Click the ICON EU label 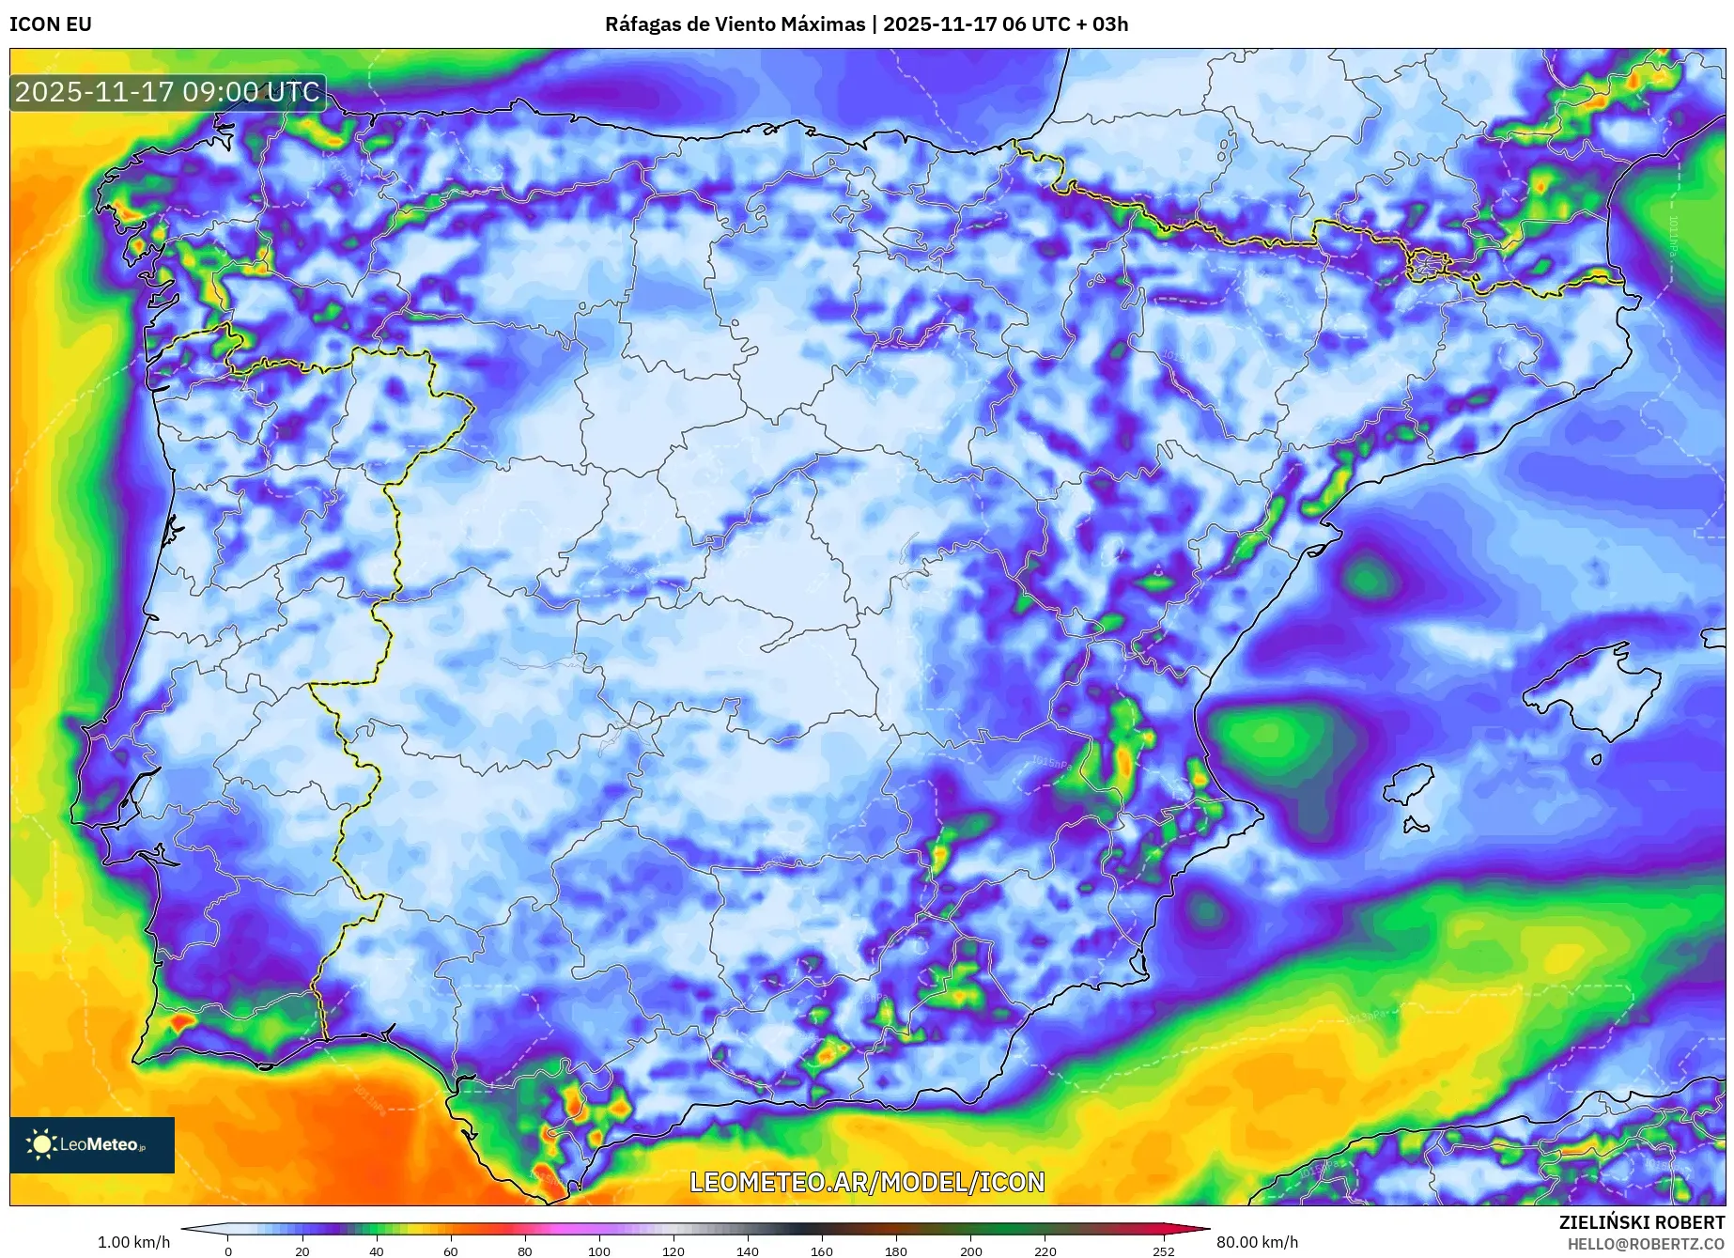point(51,24)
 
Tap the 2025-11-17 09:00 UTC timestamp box point(168,92)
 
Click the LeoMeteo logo point(92,1144)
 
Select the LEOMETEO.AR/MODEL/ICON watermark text point(867,1182)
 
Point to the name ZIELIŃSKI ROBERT point(1642,1222)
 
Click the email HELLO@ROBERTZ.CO point(1646,1244)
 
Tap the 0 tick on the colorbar point(228,1250)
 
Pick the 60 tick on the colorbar point(451,1250)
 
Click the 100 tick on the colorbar point(599,1250)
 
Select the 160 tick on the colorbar point(822,1250)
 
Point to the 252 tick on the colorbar point(1164,1250)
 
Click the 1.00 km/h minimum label point(134,1242)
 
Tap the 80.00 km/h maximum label point(1257,1242)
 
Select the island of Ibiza point(1410,784)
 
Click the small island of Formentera point(1416,826)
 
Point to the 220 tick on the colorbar point(1045,1250)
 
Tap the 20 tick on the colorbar point(302,1250)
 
